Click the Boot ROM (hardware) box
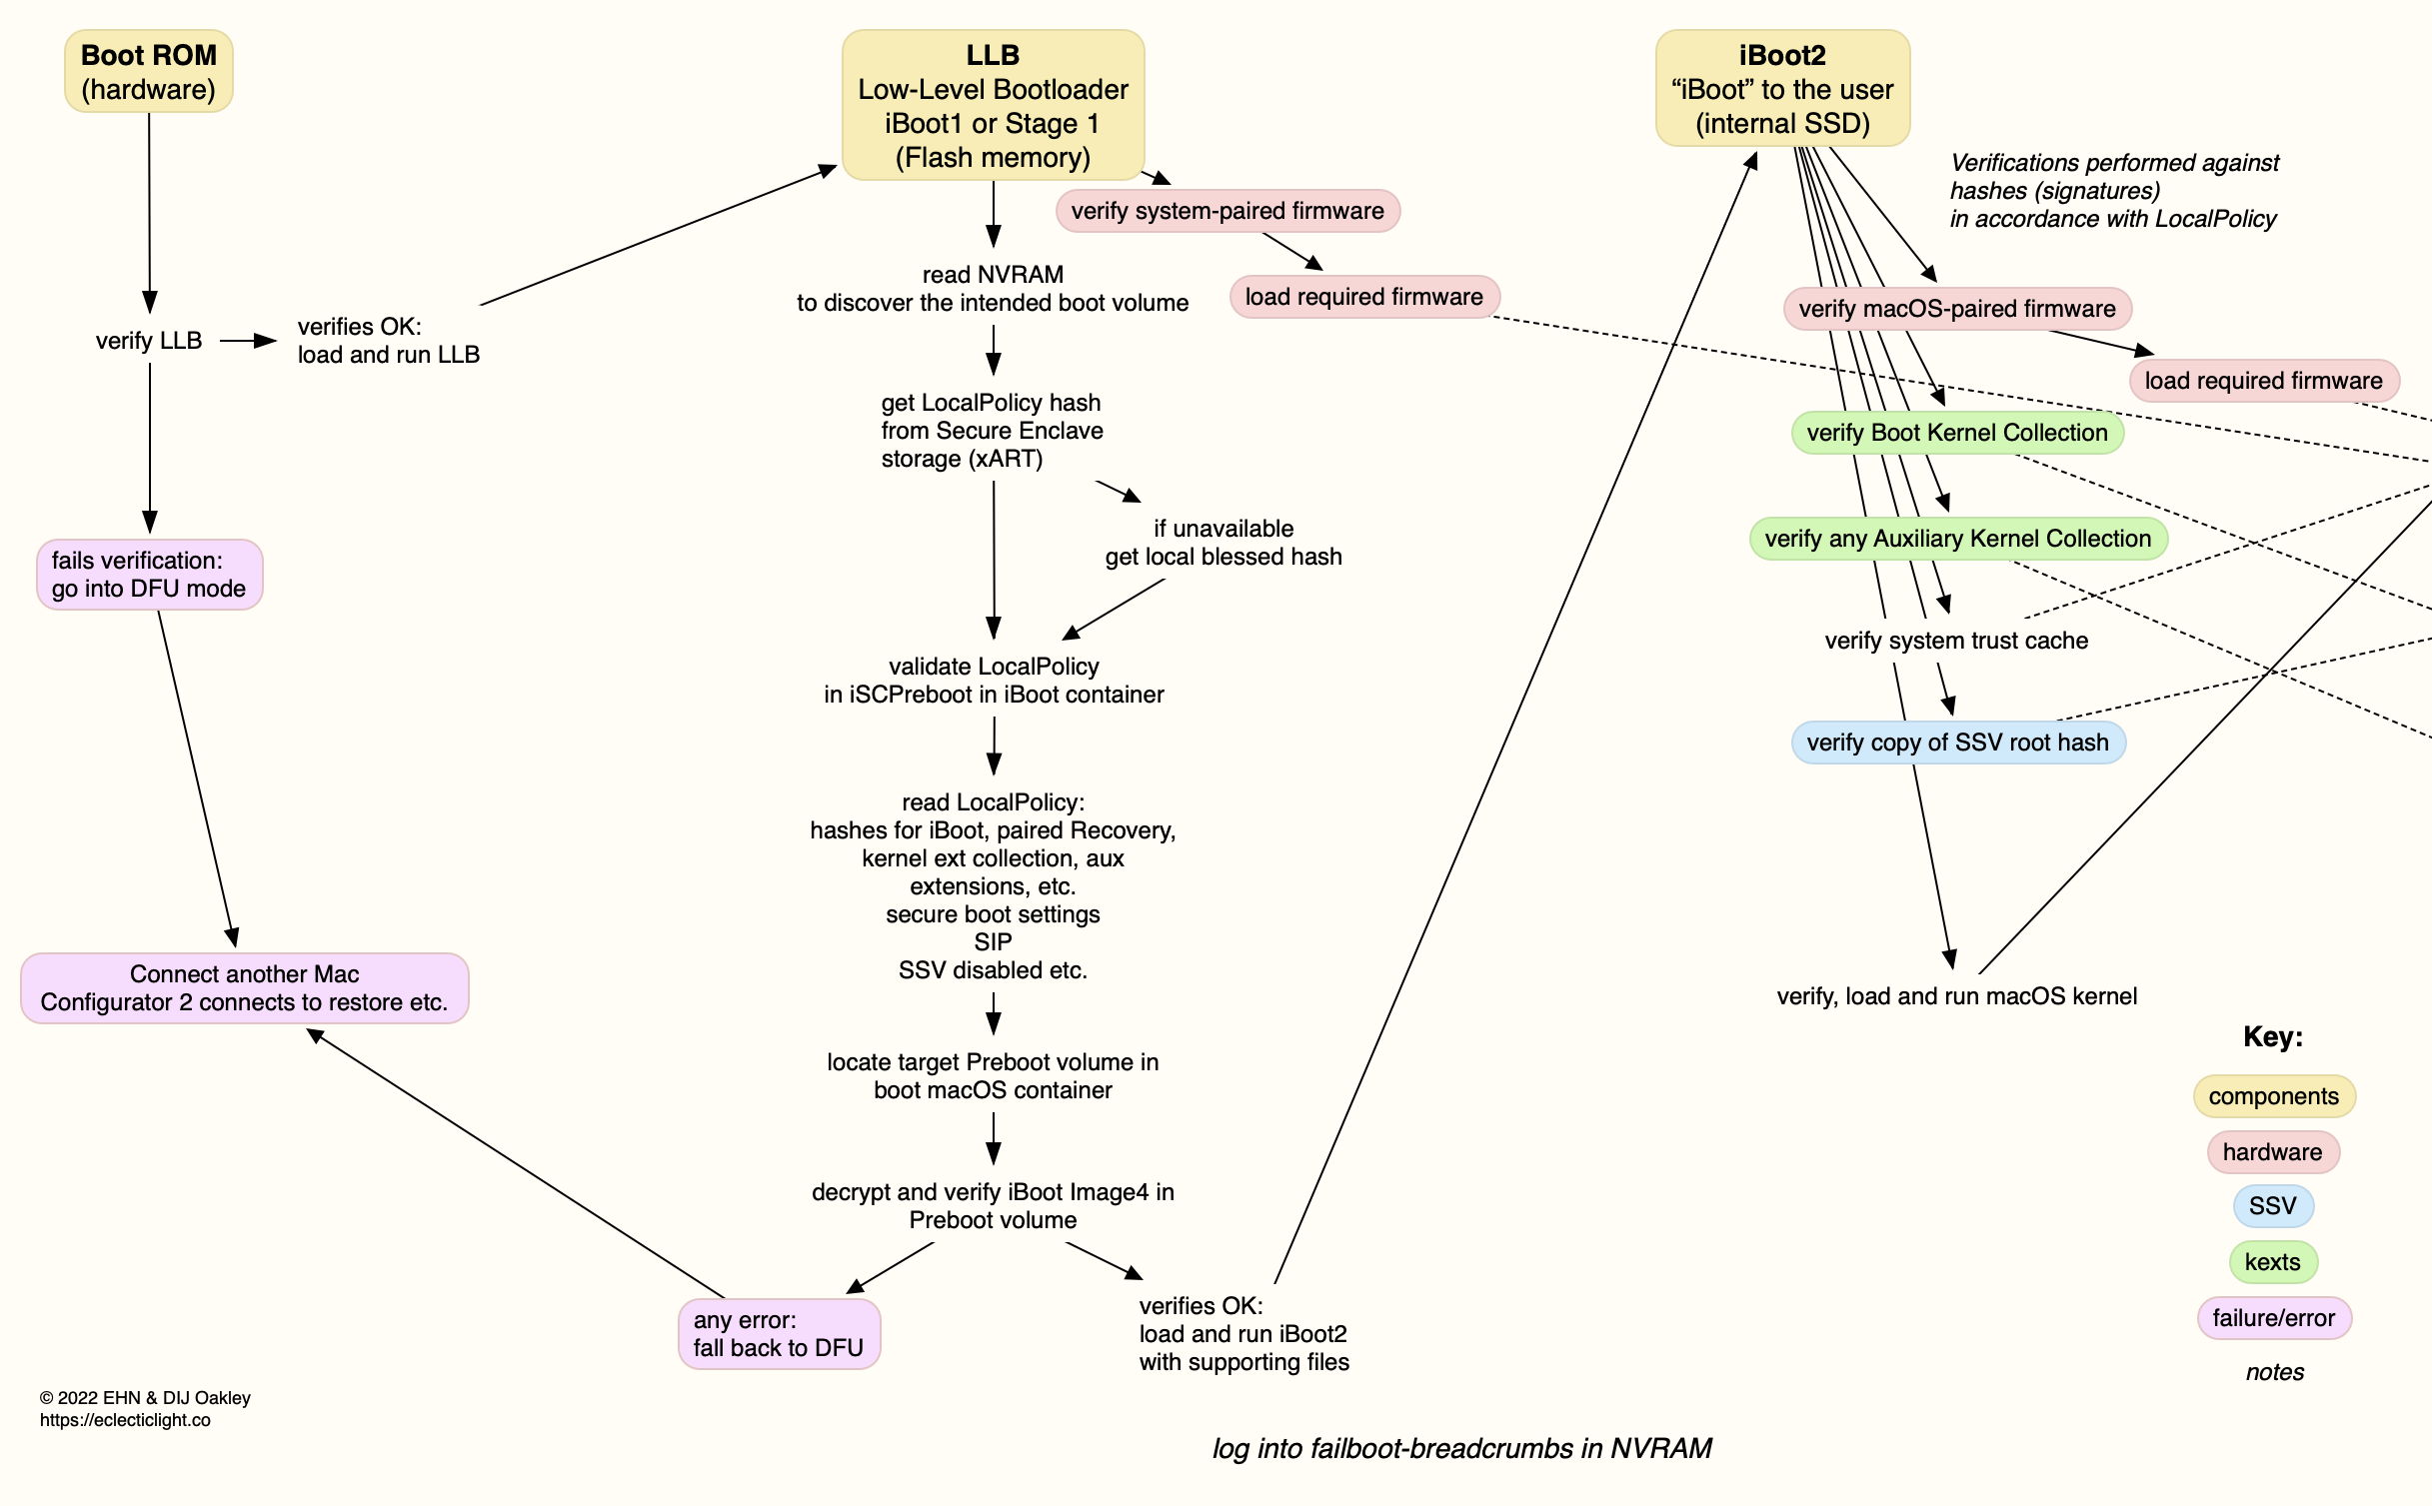[149, 72]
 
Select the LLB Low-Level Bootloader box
[993, 106]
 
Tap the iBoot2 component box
[1782, 89]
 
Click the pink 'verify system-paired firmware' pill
[1227, 211]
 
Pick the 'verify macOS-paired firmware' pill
[1956, 309]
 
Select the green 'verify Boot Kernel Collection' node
[1956, 433]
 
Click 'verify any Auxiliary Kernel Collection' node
[1957, 539]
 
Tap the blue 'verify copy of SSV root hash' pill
[1957, 743]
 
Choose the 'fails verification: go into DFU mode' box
[149, 575]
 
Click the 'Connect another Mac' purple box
[244, 988]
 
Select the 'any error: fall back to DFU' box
[778, 1334]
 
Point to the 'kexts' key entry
[2272, 1262]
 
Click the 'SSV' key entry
[2272, 1206]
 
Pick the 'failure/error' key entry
[2273, 1318]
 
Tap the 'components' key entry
[2273, 1096]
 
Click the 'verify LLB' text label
[149, 341]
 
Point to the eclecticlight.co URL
[125, 1420]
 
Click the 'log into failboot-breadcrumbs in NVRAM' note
[1461, 1448]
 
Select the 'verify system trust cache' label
[1956, 641]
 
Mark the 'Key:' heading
[2272, 1036]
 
